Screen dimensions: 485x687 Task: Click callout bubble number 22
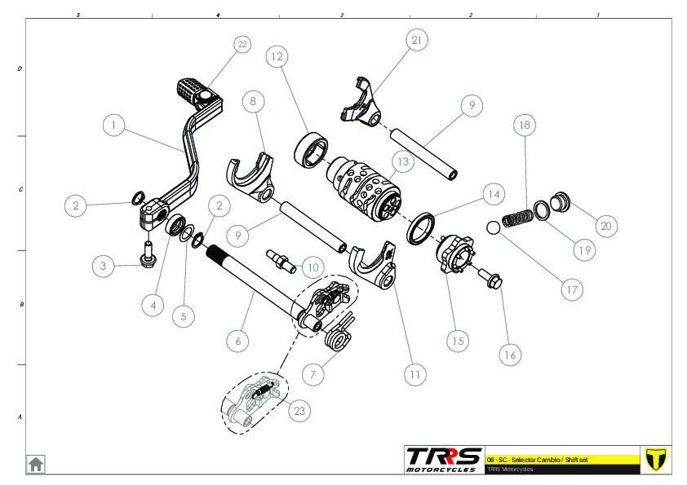(x=241, y=44)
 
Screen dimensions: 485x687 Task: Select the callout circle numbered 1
(x=114, y=126)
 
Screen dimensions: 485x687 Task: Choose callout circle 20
(x=605, y=226)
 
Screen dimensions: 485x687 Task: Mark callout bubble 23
(x=299, y=411)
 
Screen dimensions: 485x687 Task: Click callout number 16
(x=510, y=355)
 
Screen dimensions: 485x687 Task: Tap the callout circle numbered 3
(x=103, y=265)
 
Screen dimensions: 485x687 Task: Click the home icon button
(x=36, y=464)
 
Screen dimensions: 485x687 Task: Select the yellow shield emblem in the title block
(x=656, y=458)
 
